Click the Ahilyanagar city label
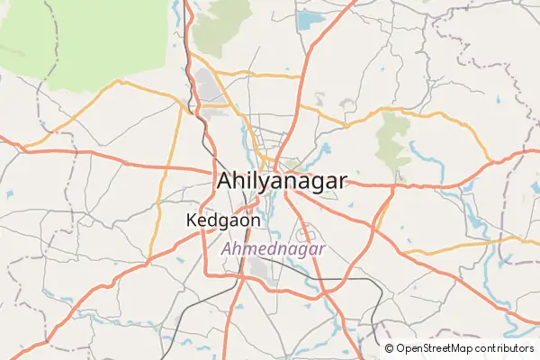coord(280,181)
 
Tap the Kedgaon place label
coord(224,220)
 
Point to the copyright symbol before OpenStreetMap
coord(389,348)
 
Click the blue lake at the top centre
coord(310,19)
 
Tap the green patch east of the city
coord(392,139)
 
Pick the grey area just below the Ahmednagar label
coord(261,269)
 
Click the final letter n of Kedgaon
coord(256,220)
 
